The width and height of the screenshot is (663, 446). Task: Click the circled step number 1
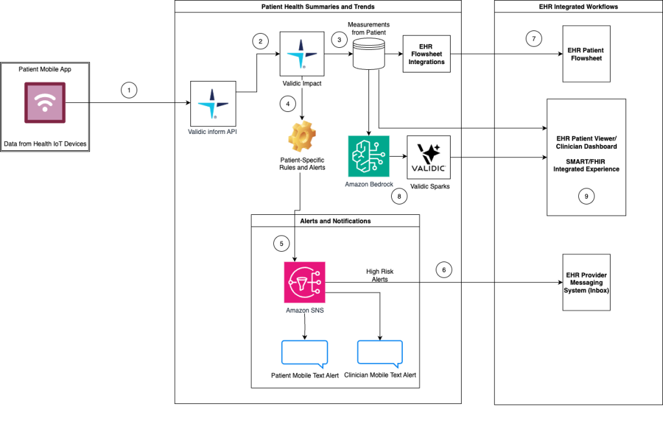tap(129, 91)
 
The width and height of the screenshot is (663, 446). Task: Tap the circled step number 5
tap(280, 244)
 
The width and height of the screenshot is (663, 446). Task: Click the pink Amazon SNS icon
tap(304, 282)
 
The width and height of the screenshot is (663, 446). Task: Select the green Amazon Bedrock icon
tap(368, 156)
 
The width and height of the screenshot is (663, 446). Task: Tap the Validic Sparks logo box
tap(428, 157)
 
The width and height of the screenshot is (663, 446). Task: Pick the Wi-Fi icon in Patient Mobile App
tap(45, 103)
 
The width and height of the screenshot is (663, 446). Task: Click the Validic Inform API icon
tap(210, 103)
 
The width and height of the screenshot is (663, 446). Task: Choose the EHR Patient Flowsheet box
tap(586, 54)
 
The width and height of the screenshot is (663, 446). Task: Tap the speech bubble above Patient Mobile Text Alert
tap(304, 353)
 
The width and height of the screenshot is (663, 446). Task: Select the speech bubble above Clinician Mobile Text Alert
tap(380, 353)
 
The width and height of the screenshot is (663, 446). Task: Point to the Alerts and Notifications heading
tap(335, 221)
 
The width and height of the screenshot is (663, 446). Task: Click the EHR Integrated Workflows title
tap(578, 6)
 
